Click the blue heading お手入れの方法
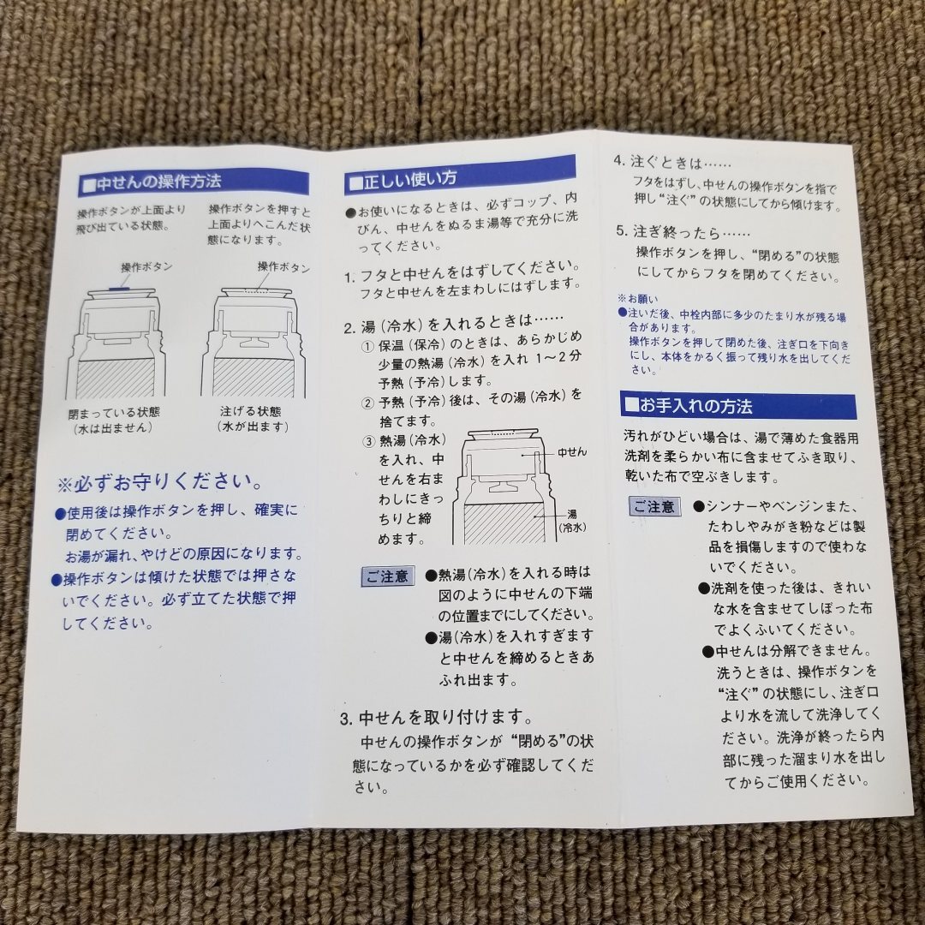[700, 405]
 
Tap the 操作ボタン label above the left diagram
[146, 267]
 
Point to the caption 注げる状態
[250, 412]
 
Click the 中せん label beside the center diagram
[571, 451]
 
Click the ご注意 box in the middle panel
[388, 576]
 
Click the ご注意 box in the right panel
[654, 507]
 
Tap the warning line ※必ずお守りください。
[159, 484]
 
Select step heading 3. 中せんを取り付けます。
[437, 717]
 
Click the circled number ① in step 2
[367, 346]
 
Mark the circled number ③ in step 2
[367, 441]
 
